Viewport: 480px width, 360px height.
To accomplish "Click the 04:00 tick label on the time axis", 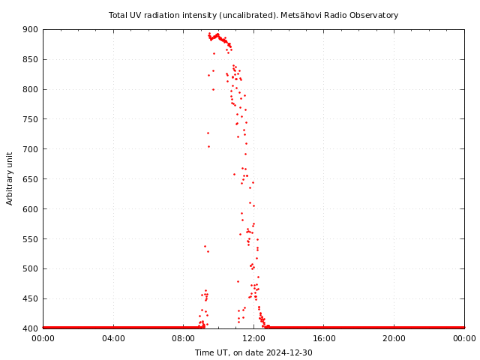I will click(113, 339).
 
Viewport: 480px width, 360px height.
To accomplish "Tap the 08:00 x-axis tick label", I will click(184, 339).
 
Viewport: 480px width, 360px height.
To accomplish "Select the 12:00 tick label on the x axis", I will click(253, 339).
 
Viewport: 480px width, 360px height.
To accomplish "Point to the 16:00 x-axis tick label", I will click(324, 339).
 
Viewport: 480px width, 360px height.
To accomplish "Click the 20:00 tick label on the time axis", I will click(394, 339).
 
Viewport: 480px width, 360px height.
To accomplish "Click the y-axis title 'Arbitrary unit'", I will click(10, 178).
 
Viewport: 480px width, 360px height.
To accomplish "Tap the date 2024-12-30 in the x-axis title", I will click(290, 352).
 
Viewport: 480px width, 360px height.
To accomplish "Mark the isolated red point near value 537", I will click(205, 246).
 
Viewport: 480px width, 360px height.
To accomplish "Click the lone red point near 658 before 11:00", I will click(234, 174).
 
